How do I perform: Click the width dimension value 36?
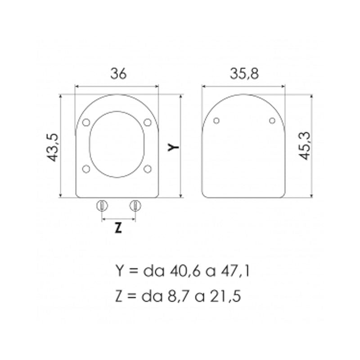point(117,73)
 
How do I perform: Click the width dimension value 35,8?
point(243,73)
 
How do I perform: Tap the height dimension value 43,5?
point(54,146)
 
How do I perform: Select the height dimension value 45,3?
point(305,146)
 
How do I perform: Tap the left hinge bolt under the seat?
point(102,206)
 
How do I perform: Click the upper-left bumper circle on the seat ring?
point(87,122)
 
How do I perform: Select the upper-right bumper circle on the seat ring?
point(147,122)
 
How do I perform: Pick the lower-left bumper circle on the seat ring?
point(87,169)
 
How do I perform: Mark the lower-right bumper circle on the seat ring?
point(147,169)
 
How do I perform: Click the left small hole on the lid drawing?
point(216,120)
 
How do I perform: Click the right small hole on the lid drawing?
point(272,120)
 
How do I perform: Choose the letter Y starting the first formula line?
point(119,271)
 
